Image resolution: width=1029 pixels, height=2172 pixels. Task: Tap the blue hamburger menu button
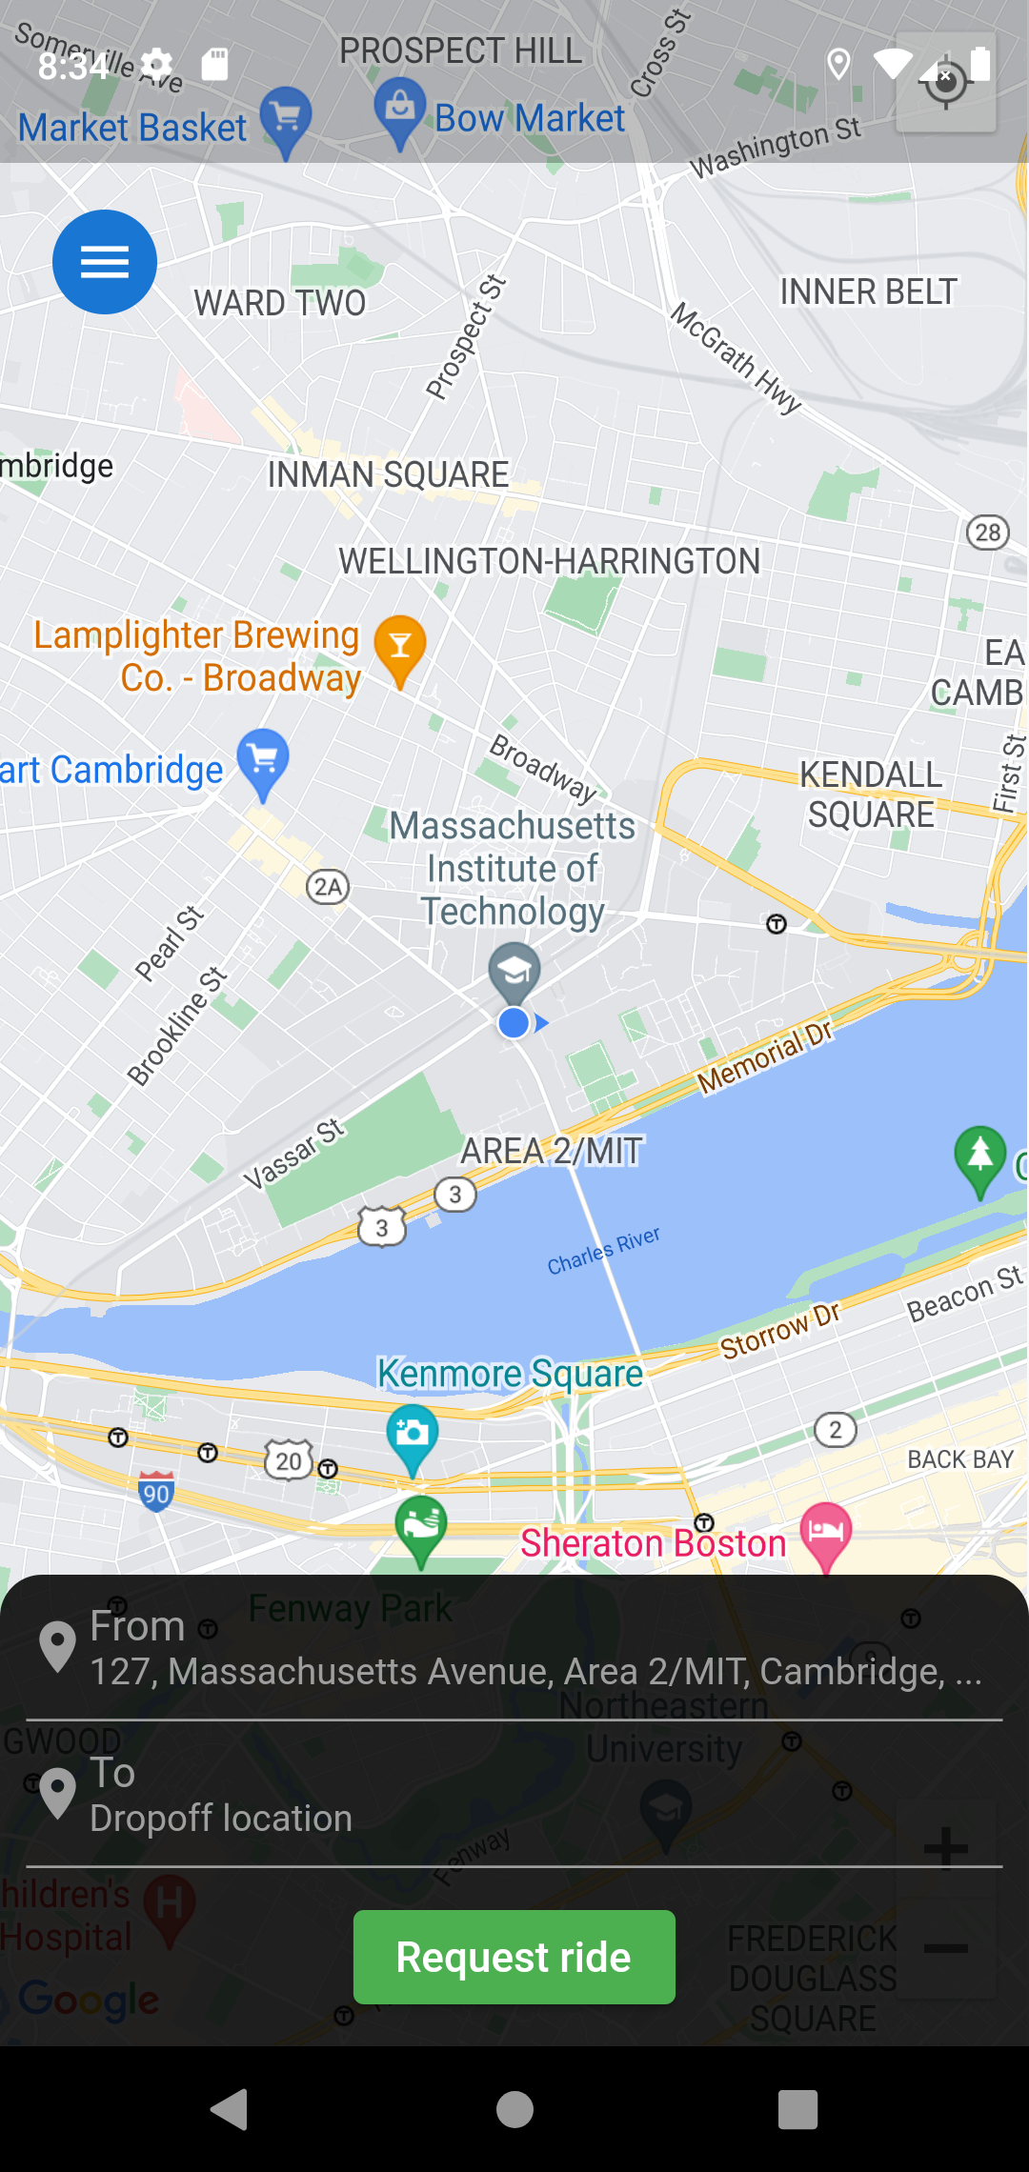tap(105, 262)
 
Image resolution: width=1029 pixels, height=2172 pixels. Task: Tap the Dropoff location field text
tap(221, 1819)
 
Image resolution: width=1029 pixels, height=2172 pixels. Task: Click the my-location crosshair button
tap(946, 83)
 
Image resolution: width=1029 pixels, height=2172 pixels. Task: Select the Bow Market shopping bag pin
tap(400, 111)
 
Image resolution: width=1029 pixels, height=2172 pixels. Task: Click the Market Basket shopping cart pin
tap(285, 119)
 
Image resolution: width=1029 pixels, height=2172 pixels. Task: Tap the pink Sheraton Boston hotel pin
tap(826, 1533)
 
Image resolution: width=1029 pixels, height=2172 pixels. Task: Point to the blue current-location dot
tap(514, 1023)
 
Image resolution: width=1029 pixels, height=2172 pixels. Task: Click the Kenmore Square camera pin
tap(413, 1435)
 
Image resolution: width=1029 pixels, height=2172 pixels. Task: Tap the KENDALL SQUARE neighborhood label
tap(871, 794)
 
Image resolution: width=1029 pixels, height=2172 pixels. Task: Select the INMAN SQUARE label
tap(388, 474)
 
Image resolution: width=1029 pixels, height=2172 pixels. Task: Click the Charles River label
tap(603, 1251)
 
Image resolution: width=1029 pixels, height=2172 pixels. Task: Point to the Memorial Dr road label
tap(765, 1056)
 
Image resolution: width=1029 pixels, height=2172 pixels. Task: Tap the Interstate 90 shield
tap(156, 1492)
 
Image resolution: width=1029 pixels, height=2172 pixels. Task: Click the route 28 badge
tap(988, 533)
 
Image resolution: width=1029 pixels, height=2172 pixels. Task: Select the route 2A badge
tap(328, 887)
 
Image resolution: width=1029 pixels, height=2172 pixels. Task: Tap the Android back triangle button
tap(230, 2109)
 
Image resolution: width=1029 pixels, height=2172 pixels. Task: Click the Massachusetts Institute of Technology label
tap(513, 868)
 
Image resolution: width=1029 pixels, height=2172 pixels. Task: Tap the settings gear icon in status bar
tap(157, 65)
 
